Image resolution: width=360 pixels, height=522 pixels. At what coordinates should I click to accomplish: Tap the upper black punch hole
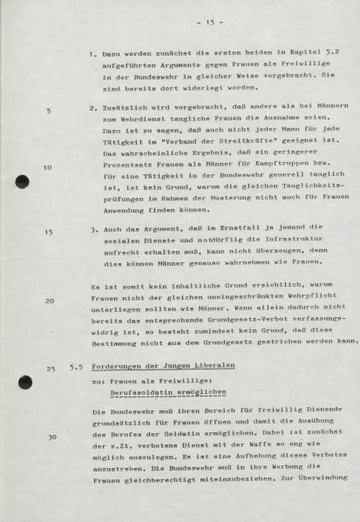(x=23, y=181)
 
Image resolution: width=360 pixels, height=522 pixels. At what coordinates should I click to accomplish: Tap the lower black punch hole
(x=25, y=382)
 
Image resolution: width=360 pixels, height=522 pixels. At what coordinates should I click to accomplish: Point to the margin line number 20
(x=49, y=301)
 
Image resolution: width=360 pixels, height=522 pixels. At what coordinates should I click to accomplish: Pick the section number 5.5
(x=77, y=369)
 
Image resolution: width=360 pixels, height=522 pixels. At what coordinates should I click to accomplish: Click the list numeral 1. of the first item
(x=92, y=54)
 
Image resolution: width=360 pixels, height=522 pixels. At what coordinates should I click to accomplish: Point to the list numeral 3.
(x=92, y=232)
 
